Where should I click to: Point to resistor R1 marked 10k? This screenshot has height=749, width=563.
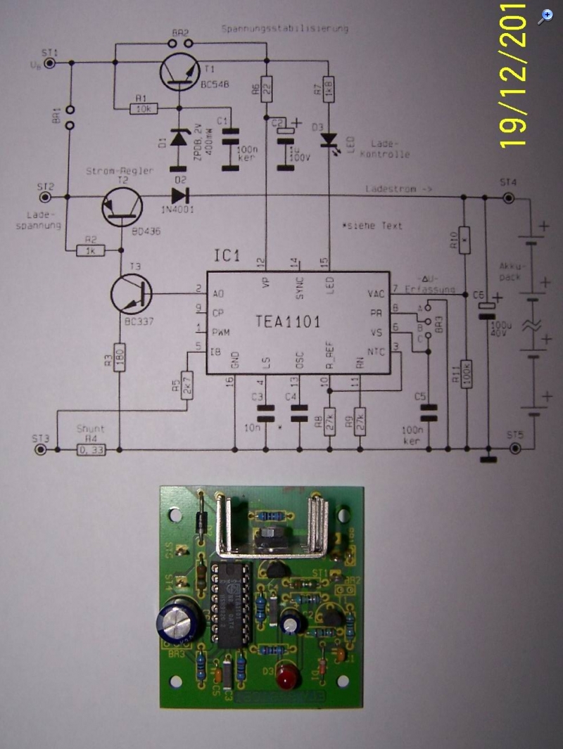[x=145, y=108]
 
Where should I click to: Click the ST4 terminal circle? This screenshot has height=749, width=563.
[x=507, y=198]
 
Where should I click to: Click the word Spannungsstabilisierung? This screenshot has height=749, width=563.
[x=284, y=29]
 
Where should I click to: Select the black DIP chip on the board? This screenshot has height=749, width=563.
[x=229, y=603]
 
